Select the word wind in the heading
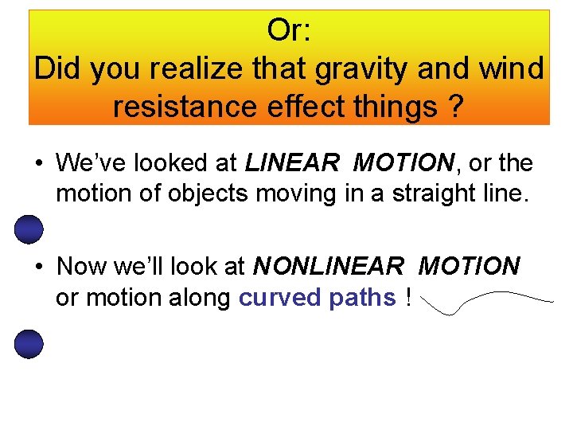point(511,68)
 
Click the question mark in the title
point(455,106)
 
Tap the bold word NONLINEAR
point(330,266)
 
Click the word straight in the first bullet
point(426,194)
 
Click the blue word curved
point(278,297)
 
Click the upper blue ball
point(29,230)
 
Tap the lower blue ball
point(29,344)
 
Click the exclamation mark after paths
point(407,297)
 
